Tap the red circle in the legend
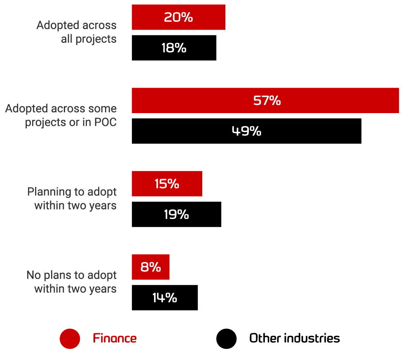[70, 339]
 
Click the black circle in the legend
[226, 339]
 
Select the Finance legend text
[115, 339]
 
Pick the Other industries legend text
[294, 339]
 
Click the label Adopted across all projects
[77, 32]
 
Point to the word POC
[105, 123]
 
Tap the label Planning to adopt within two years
[72, 198]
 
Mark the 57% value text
[267, 100]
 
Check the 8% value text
[150, 267]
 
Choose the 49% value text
[246, 131]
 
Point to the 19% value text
[176, 214]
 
